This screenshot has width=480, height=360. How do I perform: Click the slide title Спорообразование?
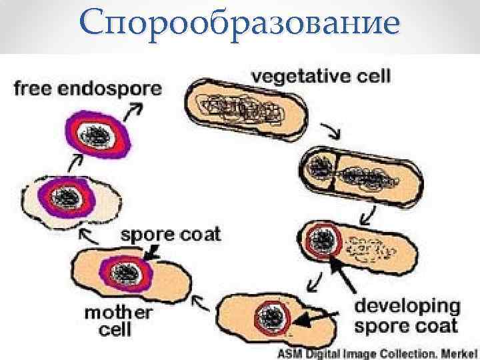pos(240,24)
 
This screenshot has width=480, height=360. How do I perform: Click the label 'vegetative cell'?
pos(321,76)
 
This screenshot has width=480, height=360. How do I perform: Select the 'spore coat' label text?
pos(171,234)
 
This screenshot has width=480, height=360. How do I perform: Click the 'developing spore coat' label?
pos(407,316)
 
